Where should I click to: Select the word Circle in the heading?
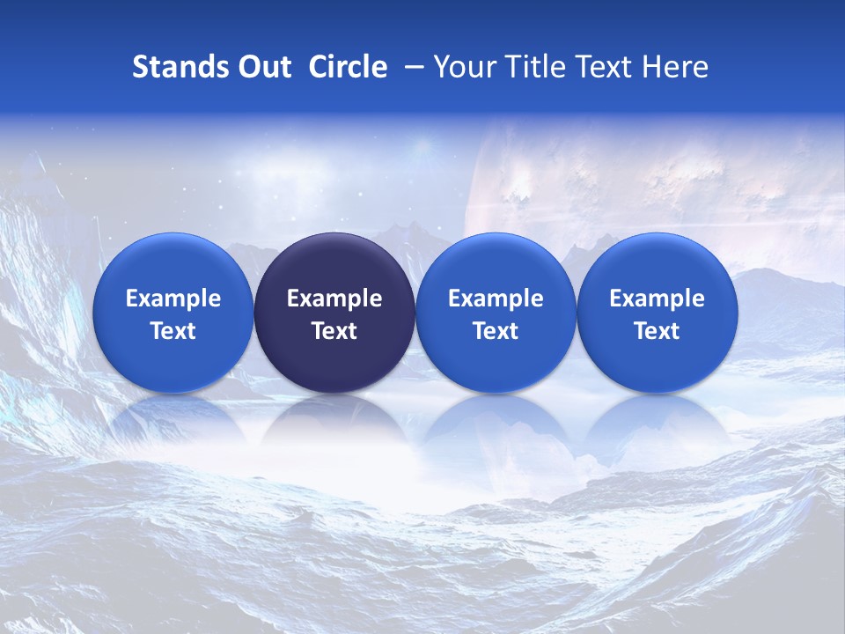[348, 67]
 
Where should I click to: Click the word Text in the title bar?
[603, 67]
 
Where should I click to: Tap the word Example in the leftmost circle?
[173, 299]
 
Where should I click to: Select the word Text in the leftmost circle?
[173, 331]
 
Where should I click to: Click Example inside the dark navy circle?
[334, 299]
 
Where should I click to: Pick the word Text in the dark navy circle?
[334, 331]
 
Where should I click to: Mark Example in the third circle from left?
[496, 299]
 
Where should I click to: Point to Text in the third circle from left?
[496, 331]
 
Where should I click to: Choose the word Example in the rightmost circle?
[657, 299]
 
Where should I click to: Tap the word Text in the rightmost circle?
[657, 331]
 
